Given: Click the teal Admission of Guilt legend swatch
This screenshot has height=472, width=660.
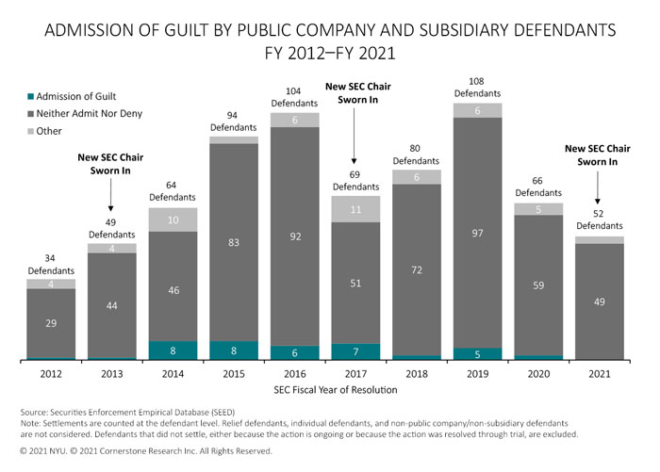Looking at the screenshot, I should click(32, 96).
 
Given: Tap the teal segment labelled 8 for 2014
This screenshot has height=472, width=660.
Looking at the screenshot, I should click(173, 350).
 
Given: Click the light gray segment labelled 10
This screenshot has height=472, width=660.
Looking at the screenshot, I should click(173, 220).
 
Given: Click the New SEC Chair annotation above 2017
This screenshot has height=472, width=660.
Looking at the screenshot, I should click(356, 91).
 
